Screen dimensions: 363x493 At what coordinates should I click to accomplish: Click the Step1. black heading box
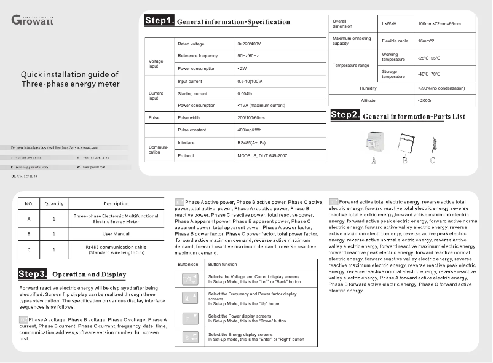[x=159, y=21]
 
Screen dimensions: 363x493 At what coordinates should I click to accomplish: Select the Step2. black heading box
[x=345, y=115]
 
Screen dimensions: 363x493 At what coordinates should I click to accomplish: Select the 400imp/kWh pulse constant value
[x=249, y=130]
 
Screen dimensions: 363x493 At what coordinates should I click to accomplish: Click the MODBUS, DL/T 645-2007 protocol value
[x=262, y=156]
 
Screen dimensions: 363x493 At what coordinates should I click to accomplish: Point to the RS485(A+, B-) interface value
[x=253, y=143]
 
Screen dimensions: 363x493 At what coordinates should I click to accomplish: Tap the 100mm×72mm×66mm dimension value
[x=439, y=24]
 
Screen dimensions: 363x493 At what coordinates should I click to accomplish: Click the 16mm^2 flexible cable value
[x=425, y=41]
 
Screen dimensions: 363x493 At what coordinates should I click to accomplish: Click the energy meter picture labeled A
[x=374, y=145]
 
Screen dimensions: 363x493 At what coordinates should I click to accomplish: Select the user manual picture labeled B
[x=406, y=145]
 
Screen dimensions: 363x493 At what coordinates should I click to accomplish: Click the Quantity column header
[x=54, y=203]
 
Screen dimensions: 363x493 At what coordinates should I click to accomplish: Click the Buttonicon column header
[x=187, y=264]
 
